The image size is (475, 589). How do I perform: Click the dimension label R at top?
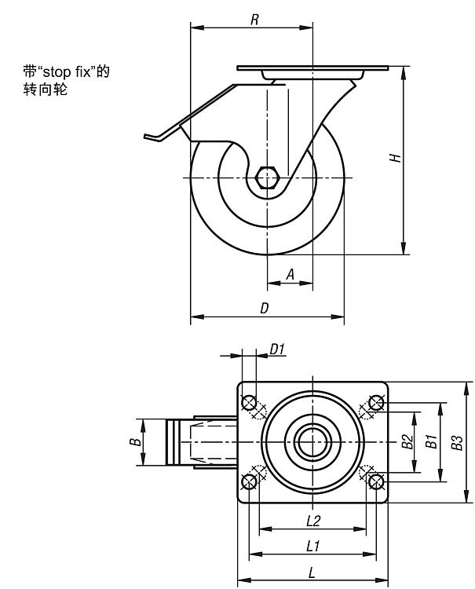(x=255, y=20)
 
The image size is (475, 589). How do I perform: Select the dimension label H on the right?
(x=397, y=157)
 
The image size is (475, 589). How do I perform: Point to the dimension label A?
(x=290, y=274)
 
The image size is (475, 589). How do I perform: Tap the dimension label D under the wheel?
(x=265, y=309)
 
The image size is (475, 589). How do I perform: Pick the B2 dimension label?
(x=407, y=442)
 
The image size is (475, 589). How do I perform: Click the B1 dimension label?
(x=430, y=442)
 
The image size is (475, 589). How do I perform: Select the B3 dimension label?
(x=456, y=442)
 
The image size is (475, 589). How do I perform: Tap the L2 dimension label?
(x=312, y=520)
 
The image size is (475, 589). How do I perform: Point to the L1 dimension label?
(x=312, y=545)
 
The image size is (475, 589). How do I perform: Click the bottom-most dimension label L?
(x=312, y=573)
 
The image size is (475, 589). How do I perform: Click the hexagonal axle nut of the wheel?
(x=268, y=177)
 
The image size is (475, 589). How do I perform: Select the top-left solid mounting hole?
(x=249, y=403)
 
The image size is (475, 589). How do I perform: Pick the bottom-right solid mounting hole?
(x=376, y=481)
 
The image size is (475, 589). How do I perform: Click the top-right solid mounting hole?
(x=376, y=403)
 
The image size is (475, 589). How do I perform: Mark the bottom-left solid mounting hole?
(x=249, y=481)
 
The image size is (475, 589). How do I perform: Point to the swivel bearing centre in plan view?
(x=312, y=442)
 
